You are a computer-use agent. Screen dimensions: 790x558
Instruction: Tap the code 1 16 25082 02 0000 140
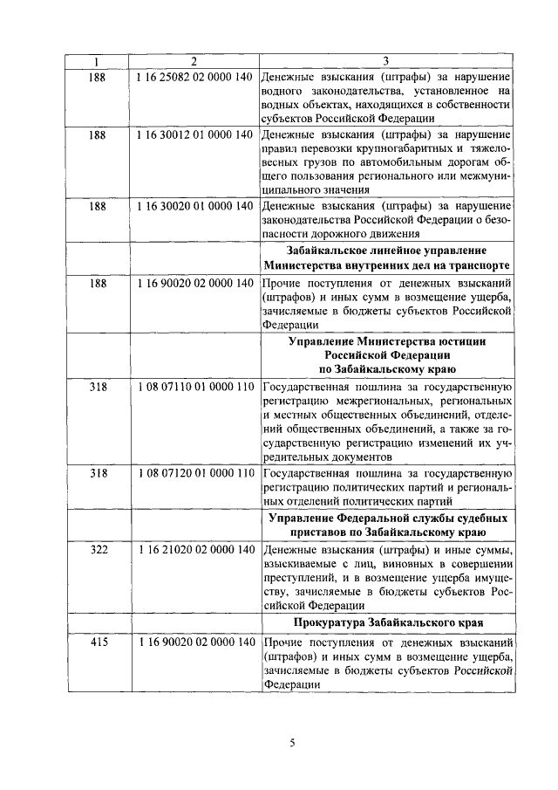pyautogui.click(x=195, y=77)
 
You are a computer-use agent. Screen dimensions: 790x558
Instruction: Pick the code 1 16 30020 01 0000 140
pyautogui.click(x=195, y=207)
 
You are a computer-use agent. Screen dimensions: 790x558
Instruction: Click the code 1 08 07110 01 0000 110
pyautogui.click(x=195, y=385)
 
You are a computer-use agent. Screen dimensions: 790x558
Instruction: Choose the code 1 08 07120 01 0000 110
pyautogui.click(x=195, y=473)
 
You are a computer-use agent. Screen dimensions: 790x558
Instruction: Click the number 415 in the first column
pyautogui.click(x=98, y=642)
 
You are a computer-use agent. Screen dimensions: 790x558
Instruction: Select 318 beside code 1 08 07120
pyautogui.click(x=98, y=473)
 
